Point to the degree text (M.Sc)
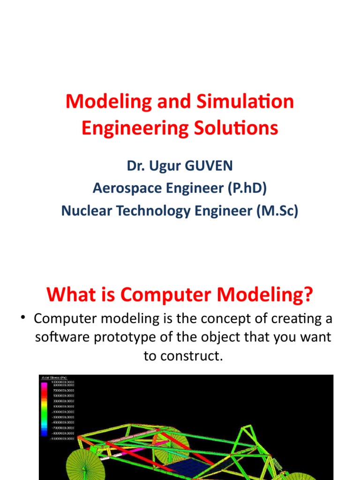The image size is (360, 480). point(277,211)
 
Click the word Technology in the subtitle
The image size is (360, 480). point(149,211)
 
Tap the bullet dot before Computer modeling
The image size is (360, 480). point(22,318)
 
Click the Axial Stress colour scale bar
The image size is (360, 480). point(45,408)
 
